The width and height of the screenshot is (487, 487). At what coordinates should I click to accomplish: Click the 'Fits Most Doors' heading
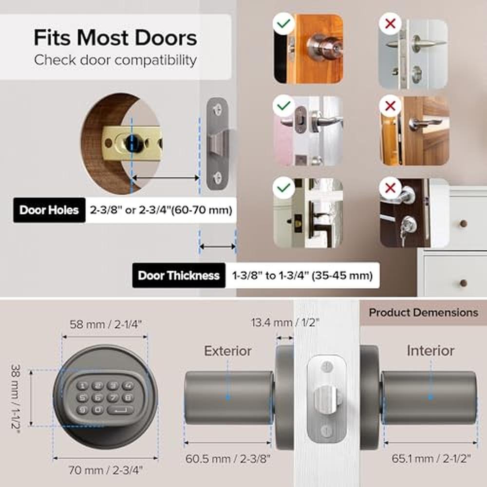(115, 38)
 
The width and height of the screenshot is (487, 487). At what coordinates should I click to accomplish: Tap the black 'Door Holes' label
(49, 210)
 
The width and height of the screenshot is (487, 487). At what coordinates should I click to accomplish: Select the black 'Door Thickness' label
(179, 276)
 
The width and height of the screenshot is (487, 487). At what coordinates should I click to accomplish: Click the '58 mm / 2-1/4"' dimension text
(106, 324)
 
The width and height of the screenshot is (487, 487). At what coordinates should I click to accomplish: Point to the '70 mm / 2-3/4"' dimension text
(106, 470)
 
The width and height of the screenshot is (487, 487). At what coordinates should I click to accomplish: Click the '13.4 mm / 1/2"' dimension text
(285, 322)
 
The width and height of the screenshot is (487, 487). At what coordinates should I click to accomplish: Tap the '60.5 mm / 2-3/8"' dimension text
(228, 458)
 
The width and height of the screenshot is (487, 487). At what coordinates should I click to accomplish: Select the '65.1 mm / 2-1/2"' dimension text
(431, 458)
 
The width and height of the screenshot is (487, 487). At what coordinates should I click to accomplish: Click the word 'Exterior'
(227, 351)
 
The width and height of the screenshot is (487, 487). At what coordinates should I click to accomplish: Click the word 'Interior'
(431, 351)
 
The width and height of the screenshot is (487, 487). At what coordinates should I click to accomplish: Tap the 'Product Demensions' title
(424, 313)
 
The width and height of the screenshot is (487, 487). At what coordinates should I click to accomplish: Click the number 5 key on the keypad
(82, 397)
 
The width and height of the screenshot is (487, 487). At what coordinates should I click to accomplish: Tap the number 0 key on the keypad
(97, 410)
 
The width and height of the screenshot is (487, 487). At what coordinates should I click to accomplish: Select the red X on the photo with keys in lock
(390, 188)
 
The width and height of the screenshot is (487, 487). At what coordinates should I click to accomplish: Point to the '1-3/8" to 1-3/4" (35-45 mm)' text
(302, 276)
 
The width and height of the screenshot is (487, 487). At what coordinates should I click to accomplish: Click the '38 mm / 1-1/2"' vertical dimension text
(15, 398)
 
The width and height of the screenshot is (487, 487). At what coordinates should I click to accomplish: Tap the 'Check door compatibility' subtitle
(115, 60)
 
